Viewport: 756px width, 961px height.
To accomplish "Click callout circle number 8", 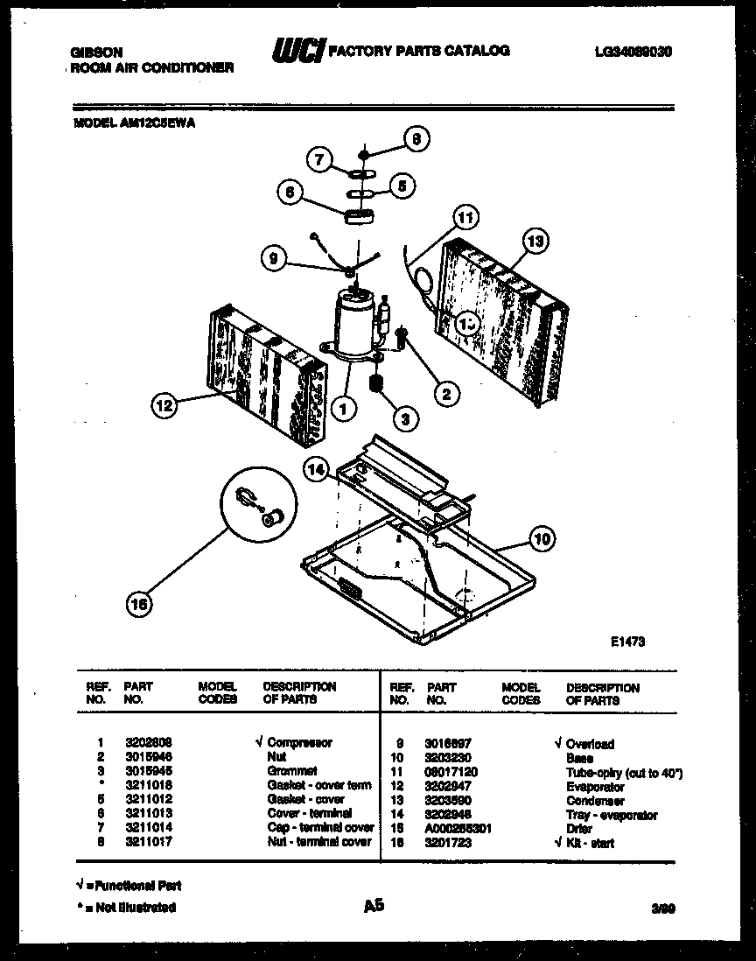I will (417, 137).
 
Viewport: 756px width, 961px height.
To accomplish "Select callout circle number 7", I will (319, 159).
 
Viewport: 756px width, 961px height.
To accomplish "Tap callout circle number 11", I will (466, 216).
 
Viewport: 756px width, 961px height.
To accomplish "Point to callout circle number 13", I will (535, 240).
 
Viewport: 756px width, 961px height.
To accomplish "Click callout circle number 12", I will (164, 404).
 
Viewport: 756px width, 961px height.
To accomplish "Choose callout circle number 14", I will (318, 470).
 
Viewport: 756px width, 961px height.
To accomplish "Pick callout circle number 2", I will (446, 395).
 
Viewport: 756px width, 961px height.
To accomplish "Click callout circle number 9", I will (274, 257).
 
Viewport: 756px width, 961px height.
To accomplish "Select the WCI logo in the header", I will (298, 52).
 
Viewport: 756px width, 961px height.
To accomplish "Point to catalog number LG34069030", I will (632, 52).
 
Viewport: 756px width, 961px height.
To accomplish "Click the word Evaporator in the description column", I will (595, 787).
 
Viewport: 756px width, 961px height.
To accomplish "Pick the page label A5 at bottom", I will (374, 906).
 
